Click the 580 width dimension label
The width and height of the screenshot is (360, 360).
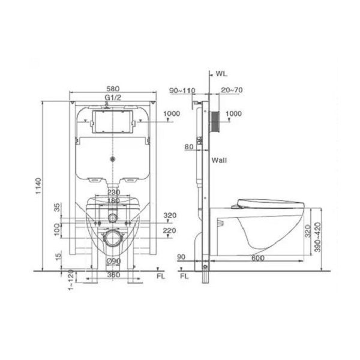113,89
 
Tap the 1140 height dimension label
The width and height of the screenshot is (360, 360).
38,186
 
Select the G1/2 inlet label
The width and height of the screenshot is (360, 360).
113,98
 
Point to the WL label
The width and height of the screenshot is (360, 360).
221,74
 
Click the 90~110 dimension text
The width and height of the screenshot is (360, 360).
182,90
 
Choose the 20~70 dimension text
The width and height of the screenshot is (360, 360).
232,90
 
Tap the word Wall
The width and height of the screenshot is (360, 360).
219,160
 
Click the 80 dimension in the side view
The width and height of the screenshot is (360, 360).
189,147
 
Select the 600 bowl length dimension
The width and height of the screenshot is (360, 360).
258,258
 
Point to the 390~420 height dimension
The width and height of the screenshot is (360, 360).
318,237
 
